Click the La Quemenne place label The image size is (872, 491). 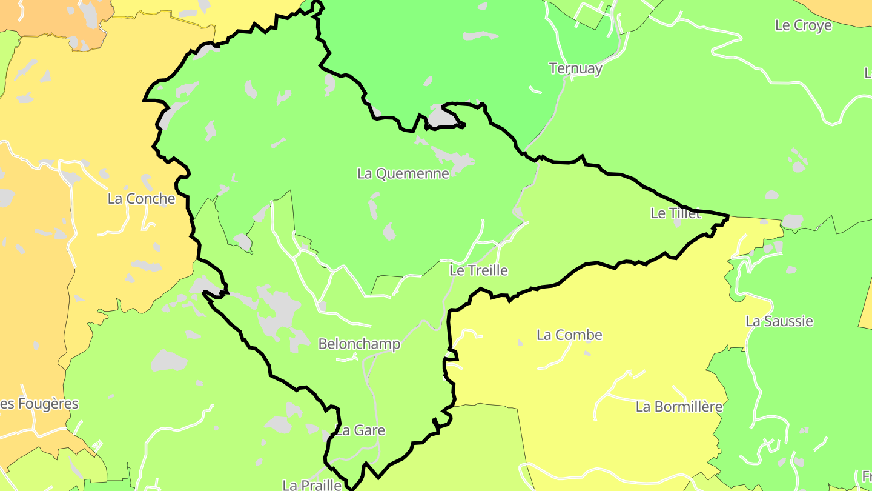[403, 174]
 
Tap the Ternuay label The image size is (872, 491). [575, 68]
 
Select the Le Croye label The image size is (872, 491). [803, 25]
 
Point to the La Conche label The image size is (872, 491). [141, 199]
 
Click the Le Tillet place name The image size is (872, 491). [675, 213]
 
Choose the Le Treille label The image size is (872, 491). [478, 270]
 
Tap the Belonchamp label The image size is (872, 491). [359, 344]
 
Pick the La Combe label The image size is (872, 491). [569, 335]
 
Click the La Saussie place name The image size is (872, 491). [779, 321]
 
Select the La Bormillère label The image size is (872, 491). [679, 407]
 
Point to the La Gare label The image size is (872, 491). [360, 431]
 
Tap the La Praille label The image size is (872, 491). [312, 485]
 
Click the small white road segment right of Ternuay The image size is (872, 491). [535, 90]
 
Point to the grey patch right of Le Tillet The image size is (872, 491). [791, 222]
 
